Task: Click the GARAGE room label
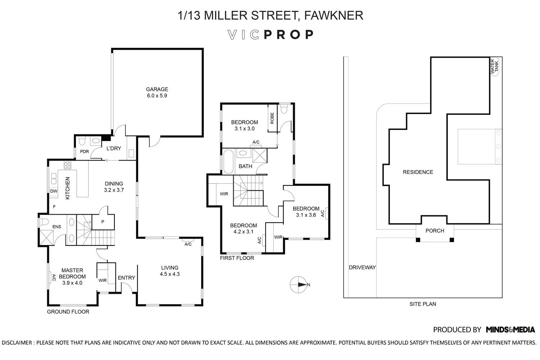coord(157,93)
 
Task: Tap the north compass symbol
coord(298,284)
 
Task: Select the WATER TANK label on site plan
coord(495,67)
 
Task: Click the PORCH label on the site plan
coord(435,231)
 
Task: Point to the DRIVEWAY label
coord(362,267)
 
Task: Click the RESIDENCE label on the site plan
coord(418,172)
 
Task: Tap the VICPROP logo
coord(270,35)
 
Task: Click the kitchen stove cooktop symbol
coord(68,166)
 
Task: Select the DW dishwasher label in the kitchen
coord(53,191)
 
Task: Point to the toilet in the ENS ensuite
coord(44,222)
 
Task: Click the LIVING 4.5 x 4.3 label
coord(170,271)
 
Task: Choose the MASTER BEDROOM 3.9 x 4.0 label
coord(72,276)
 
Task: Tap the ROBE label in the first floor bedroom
coord(272,118)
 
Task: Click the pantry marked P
coord(103,222)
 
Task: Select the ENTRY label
coord(126,278)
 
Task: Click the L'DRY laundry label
coord(113,148)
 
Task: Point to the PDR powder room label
coord(84,152)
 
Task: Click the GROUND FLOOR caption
coord(68,312)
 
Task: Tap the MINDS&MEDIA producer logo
coord(510,329)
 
